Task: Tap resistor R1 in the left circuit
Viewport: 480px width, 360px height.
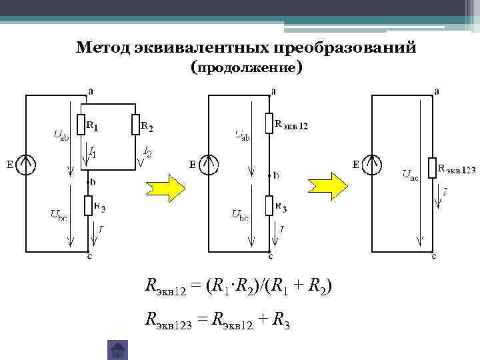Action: pyautogui.click(x=81, y=125)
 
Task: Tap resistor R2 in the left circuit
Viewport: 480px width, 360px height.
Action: pyautogui.click(x=135, y=125)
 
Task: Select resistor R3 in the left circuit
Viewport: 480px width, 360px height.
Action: pyautogui.click(x=89, y=206)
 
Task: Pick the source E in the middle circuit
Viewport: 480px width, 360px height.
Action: pyautogui.click(x=209, y=164)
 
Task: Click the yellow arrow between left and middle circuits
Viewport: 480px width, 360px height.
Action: pyautogui.click(x=164, y=188)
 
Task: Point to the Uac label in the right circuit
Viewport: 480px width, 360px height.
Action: pyautogui.click(x=409, y=175)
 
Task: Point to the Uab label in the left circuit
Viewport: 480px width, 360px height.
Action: pyautogui.click(x=60, y=137)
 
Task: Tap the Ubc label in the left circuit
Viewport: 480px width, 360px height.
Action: pyautogui.click(x=59, y=215)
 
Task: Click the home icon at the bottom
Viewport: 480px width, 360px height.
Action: pyautogui.click(x=118, y=349)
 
